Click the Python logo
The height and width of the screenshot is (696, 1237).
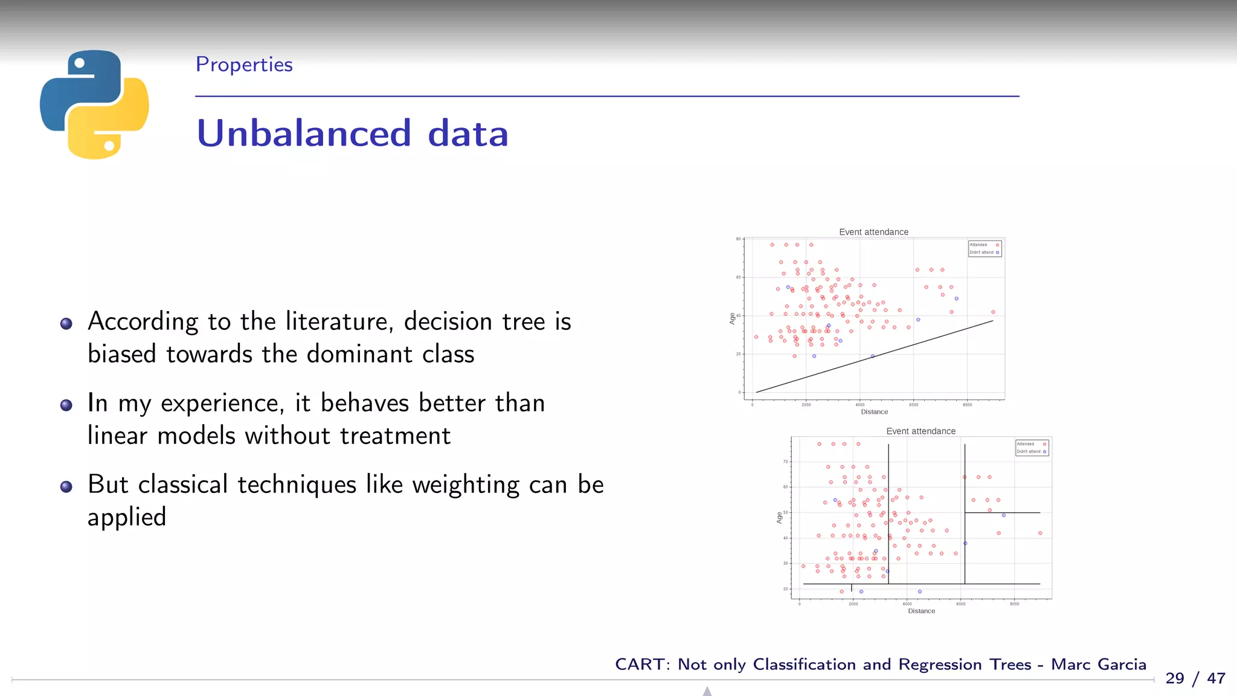click(94, 104)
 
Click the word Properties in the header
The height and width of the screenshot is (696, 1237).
click(244, 65)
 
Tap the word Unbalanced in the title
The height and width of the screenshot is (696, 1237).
click(304, 134)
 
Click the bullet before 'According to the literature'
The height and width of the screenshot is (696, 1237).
click(66, 324)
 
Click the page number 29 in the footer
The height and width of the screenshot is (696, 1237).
click(1174, 678)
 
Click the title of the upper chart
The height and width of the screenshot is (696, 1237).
click(873, 232)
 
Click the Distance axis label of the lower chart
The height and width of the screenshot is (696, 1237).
click(921, 611)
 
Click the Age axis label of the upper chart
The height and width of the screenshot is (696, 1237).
click(732, 318)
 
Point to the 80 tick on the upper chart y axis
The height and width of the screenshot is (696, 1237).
click(738, 239)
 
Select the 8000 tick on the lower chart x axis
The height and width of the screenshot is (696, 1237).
click(1014, 604)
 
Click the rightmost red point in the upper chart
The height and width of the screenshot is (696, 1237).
click(993, 312)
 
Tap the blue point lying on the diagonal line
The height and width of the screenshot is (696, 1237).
click(872, 356)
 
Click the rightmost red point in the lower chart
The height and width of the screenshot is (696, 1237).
click(1040, 533)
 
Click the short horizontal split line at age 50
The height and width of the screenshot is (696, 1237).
click(1003, 513)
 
